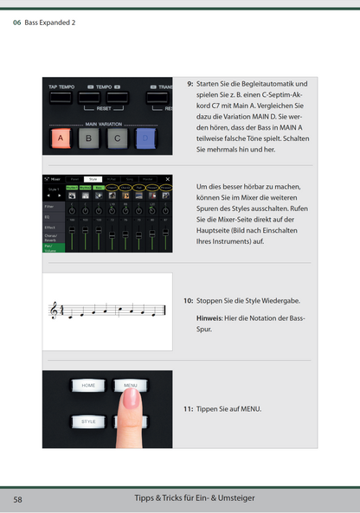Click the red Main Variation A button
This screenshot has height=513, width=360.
point(61,138)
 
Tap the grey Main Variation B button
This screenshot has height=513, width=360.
point(89,138)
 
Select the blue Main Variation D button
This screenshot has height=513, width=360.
point(146,138)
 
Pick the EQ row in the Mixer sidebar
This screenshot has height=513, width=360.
point(48,218)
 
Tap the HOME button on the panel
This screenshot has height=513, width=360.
point(88,385)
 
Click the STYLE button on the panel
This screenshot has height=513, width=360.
point(88,421)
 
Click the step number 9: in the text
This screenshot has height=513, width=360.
point(190,84)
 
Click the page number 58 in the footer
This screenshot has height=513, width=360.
point(17,500)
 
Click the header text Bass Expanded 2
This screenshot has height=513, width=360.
point(50,23)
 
